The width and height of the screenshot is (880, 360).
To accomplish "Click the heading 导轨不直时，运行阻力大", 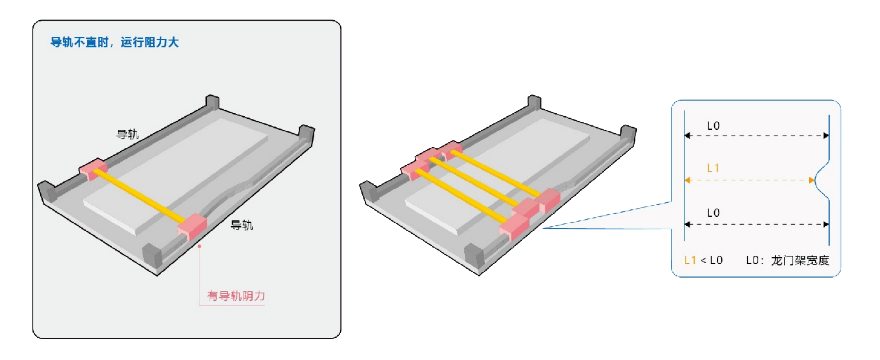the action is pos(114,42).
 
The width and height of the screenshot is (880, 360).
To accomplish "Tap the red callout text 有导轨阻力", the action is pos(235,297).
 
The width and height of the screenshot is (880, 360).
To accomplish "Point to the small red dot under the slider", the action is pos(199,245).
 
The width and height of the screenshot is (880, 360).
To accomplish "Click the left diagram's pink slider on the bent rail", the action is pos(192,226).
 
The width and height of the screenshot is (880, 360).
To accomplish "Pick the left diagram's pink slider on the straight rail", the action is pos(93,170).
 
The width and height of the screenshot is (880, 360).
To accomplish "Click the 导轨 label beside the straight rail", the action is pos(127,134).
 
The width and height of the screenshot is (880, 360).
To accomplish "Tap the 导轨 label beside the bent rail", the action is pos(242,226).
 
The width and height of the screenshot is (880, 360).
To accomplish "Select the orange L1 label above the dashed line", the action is pos(713,167).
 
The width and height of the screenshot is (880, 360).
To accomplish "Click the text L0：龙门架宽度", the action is pos(787,261).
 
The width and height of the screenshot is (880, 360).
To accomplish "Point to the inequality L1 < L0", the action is pos(703,261).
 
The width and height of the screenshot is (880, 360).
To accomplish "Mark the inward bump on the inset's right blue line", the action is pos(821,180).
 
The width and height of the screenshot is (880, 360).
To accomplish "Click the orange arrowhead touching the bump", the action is pos(812,180).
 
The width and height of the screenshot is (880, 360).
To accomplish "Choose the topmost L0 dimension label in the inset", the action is pos(713,126).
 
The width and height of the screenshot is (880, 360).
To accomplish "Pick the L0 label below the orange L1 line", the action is pos(713,213).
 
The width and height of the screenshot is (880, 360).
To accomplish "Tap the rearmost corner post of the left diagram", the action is pos(212,102).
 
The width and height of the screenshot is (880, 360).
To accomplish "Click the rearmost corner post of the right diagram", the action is pos(534,102).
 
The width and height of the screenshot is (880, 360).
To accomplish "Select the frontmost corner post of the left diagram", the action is pos(152,256).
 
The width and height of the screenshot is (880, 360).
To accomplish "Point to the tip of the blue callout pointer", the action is pos(543,227).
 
